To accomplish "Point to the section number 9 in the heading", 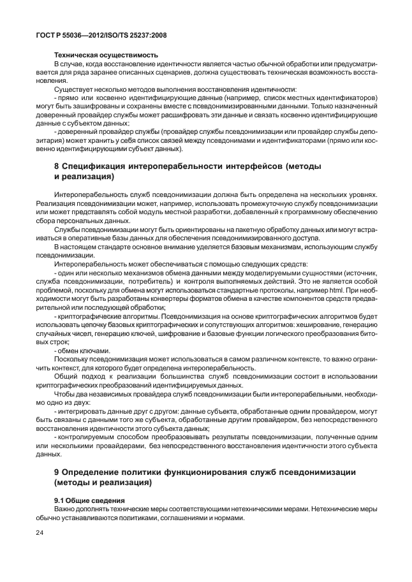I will [x=57, y=471].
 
